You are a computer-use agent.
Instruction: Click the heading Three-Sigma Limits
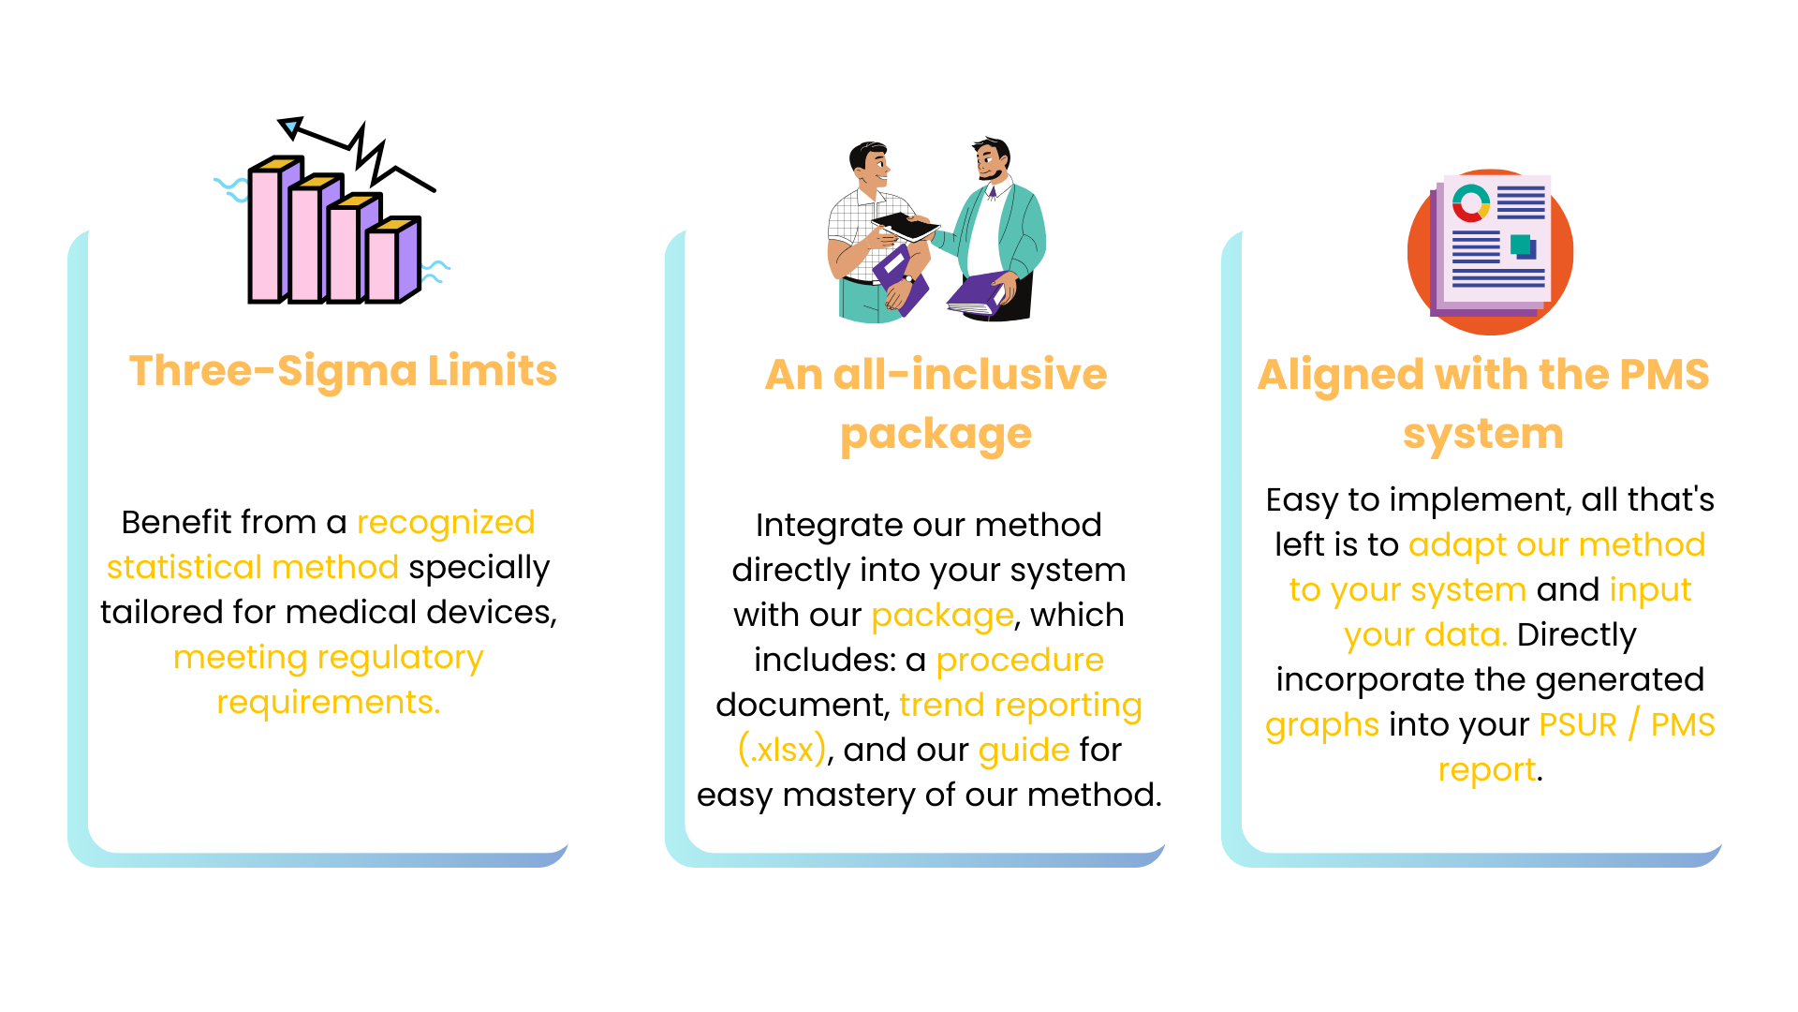tap(343, 371)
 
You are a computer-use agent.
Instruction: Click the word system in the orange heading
tap(1483, 435)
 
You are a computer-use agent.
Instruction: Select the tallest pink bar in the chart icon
tap(265, 234)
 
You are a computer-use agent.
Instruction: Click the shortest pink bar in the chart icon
tap(382, 266)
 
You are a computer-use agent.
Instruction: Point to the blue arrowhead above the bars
tap(290, 126)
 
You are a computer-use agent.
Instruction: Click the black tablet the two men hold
tap(905, 226)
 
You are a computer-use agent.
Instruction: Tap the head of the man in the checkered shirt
tap(869, 166)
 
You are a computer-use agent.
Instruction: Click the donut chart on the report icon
tap(1470, 203)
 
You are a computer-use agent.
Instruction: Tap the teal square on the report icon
tap(1521, 245)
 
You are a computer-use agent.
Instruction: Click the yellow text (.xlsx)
tap(782, 751)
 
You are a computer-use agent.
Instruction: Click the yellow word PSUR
tap(1578, 725)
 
